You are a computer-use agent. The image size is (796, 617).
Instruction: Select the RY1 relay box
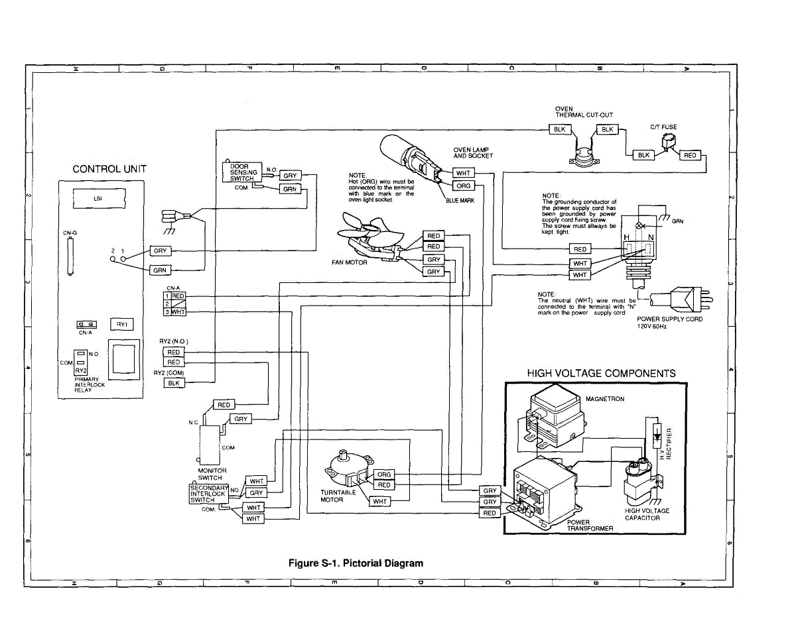coord(121,324)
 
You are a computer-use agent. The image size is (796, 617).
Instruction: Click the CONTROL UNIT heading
coord(109,169)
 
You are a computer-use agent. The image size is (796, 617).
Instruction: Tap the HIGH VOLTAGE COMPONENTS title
coord(601,373)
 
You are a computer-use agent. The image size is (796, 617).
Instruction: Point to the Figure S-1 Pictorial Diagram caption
coord(356,563)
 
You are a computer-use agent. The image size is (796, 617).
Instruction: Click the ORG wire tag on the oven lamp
coord(464,186)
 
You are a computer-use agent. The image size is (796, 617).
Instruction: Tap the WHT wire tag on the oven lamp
coord(464,173)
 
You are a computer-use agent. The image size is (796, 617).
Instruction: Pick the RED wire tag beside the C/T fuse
coord(690,155)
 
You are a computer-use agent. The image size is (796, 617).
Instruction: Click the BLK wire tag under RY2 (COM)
coord(174,383)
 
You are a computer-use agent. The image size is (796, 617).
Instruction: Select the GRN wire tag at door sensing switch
coord(291,189)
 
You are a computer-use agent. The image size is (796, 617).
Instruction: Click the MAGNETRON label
coord(604,399)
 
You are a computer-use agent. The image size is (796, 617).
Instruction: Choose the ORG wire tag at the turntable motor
coord(384,475)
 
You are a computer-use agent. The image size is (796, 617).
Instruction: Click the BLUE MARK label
coord(459,200)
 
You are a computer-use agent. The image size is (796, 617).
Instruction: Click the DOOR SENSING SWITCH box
coord(238,172)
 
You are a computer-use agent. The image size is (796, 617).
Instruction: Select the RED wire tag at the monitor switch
coord(224,405)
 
